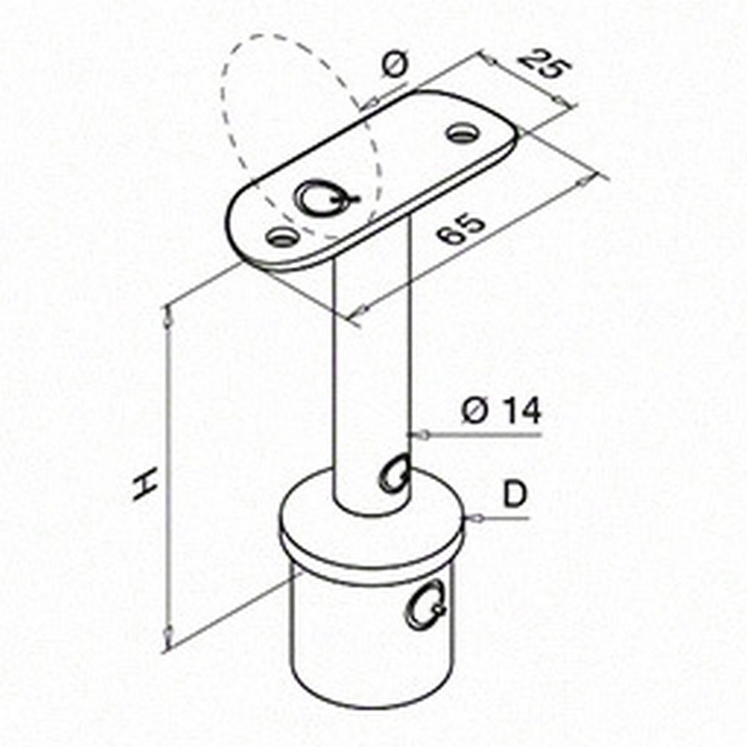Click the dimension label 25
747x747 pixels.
pos(544,63)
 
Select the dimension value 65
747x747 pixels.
pos(460,230)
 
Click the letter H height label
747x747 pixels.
pos(147,484)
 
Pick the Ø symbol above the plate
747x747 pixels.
pos(395,64)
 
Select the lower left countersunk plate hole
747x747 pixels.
pos(283,236)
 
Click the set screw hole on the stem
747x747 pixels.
pos(395,473)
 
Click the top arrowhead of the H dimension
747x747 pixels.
pos(167,317)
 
